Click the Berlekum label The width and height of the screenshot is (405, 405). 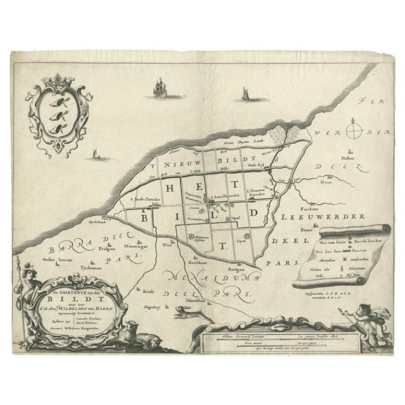point(195,261)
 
